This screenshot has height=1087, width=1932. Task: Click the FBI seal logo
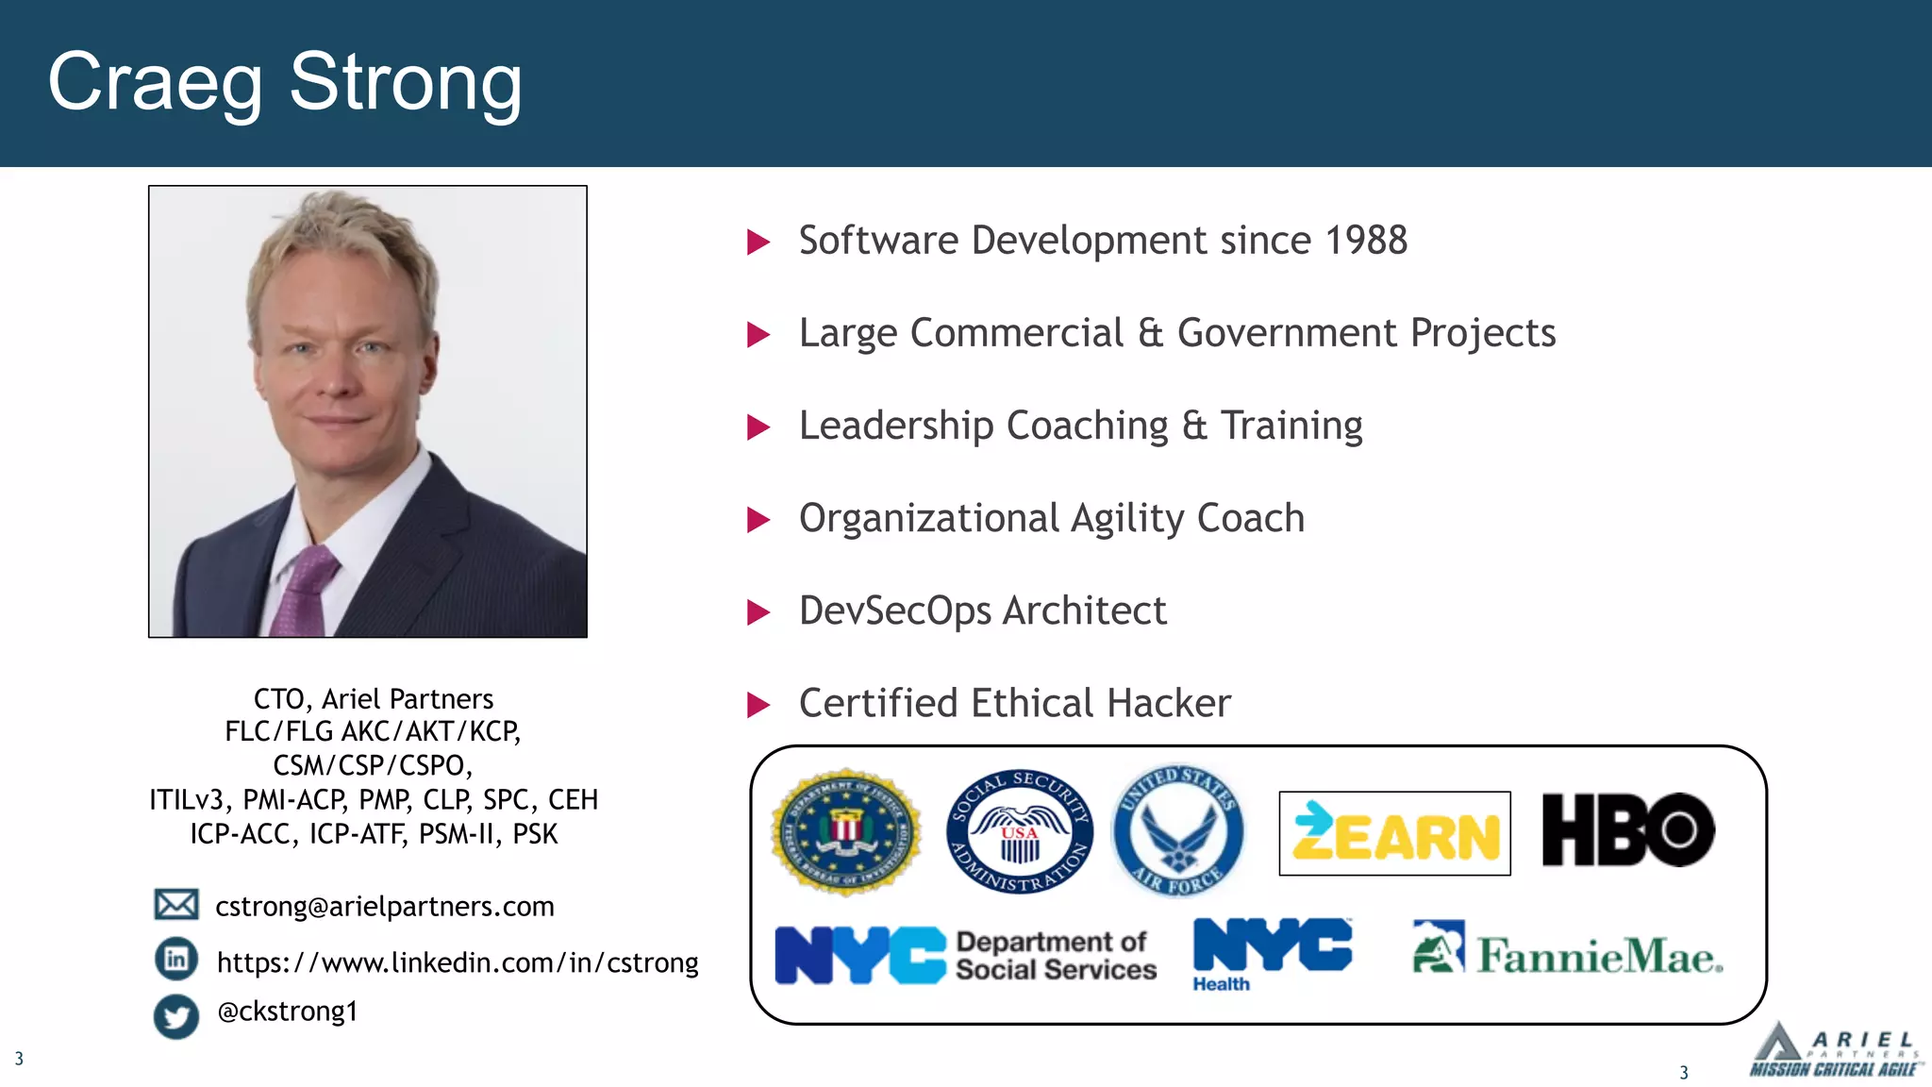point(845,831)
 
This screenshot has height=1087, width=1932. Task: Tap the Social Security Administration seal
point(1020,831)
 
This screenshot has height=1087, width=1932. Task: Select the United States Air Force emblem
point(1178,830)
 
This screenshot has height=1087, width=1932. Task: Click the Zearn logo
point(1394,834)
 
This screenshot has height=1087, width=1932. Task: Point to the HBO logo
point(1628,829)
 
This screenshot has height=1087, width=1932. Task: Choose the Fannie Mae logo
point(1568,950)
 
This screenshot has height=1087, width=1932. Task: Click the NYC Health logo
point(1272,954)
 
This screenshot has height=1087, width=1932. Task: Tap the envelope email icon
point(176,905)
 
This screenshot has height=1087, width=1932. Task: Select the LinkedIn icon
point(176,960)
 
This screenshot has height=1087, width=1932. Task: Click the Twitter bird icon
point(176,1016)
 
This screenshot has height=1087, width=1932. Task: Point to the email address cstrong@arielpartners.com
point(385,907)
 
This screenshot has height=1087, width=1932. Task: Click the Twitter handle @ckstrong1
point(288,1012)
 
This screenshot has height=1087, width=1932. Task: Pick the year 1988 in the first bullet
point(1366,241)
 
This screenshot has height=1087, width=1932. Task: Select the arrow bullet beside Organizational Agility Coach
point(758,520)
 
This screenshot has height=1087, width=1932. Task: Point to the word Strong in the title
point(406,83)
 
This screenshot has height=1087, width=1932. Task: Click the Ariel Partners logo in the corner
point(1833,1051)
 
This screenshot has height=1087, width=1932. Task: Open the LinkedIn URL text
point(458,962)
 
